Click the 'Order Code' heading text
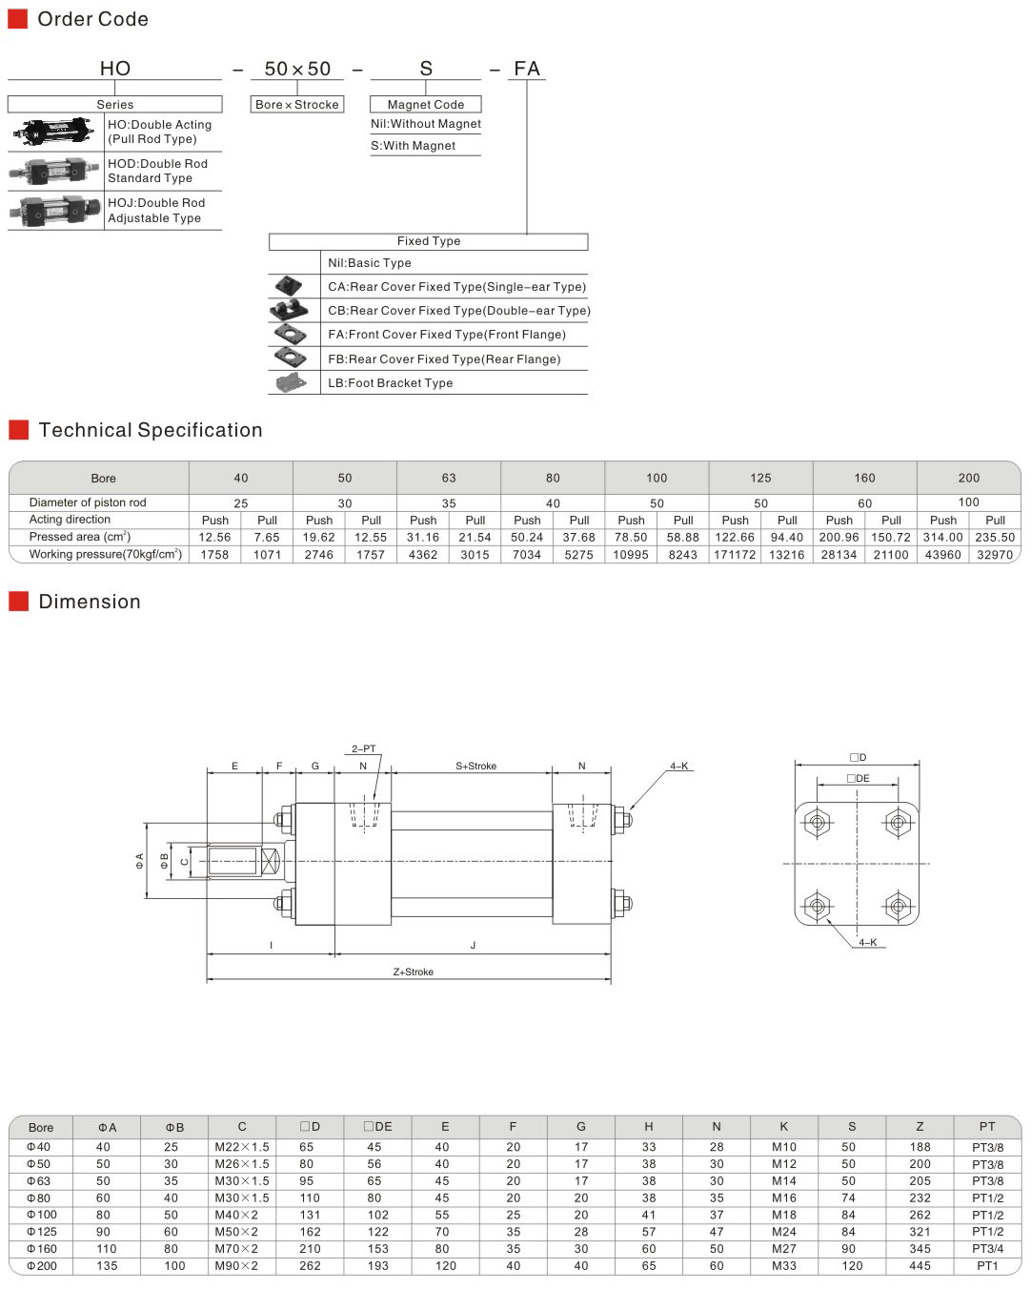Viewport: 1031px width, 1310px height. [x=92, y=19]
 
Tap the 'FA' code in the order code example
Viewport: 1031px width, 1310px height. [x=527, y=69]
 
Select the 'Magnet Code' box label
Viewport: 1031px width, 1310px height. [x=425, y=104]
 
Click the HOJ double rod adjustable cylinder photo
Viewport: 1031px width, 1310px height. [x=55, y=211]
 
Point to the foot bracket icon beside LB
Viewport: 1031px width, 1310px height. [x=292, y=382]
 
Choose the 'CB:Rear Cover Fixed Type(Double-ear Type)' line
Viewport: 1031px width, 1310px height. [x=459, y=311]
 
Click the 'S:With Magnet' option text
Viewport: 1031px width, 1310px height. [x=413, y=146]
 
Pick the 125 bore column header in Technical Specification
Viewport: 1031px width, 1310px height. [x=760, y=478]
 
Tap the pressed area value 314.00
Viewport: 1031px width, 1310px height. [x=942, y=537]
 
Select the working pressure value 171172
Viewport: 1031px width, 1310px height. [x=735, y=555]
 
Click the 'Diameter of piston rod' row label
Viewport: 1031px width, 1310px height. [x=88, y=502]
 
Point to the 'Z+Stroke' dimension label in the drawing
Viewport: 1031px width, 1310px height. [x=414, y=972]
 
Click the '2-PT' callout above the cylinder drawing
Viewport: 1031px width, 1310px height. [x=364, y=748]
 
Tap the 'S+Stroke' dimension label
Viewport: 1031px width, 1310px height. [x=475, y=766]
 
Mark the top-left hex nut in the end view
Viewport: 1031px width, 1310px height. [x=817, y=823]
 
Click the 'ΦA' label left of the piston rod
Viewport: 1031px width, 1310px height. [x=140, y=861]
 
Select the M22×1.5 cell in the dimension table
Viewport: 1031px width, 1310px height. [x=242, y=1147]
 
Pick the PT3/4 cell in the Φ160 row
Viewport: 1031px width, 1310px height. [x=987, y=1249]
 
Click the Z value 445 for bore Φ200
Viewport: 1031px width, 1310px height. [x=920, y=1265]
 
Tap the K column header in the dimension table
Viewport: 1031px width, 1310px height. [x=784, y=1127]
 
